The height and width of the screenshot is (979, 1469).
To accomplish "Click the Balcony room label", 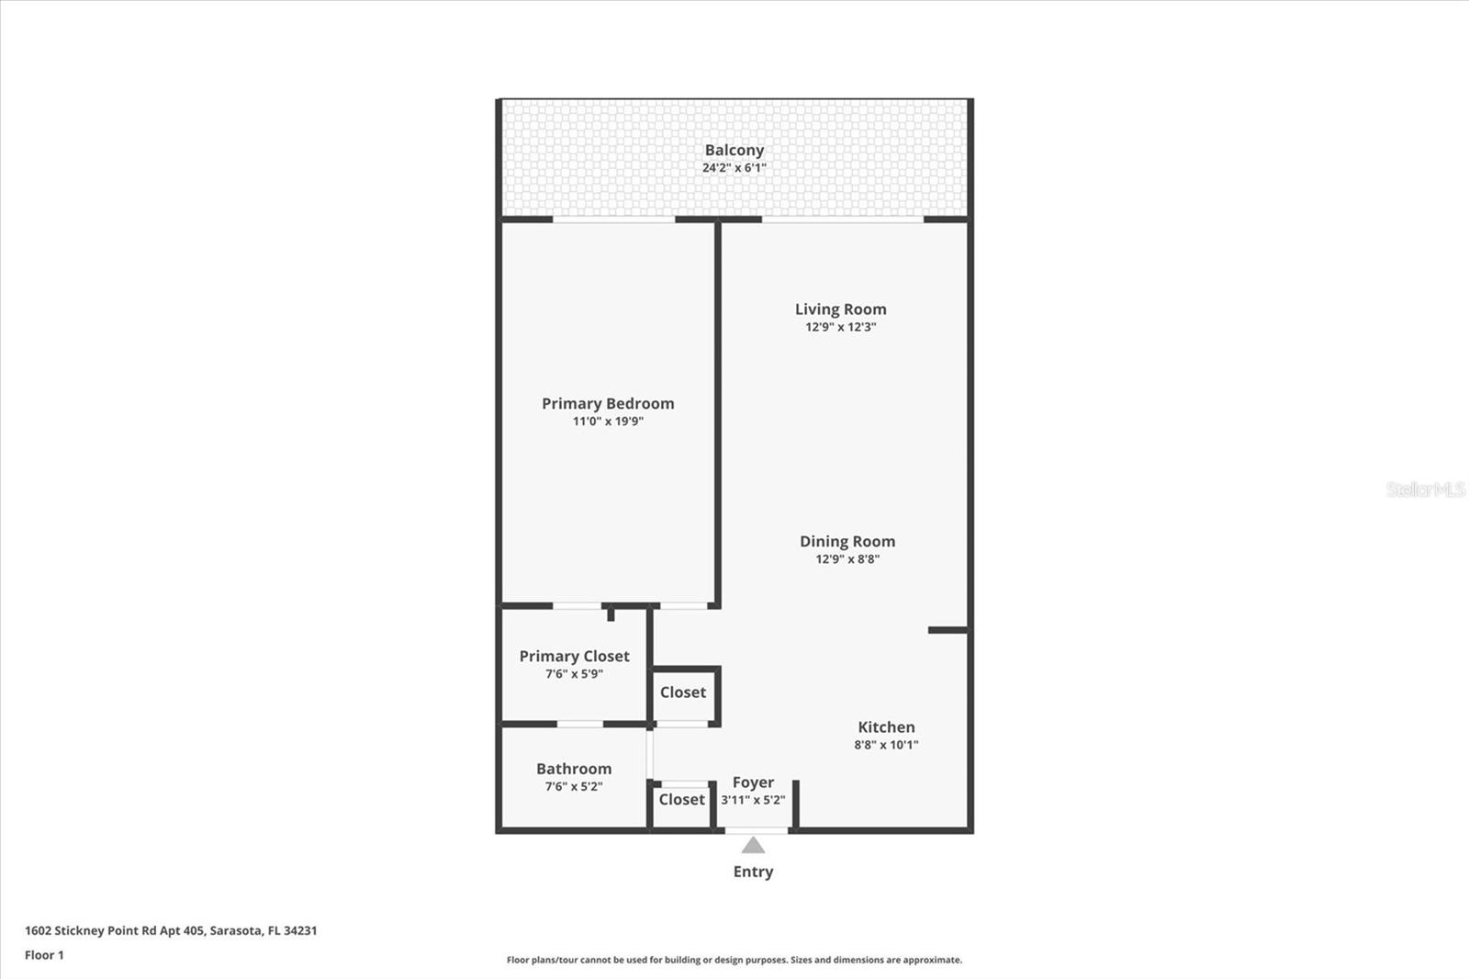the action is point(734,151).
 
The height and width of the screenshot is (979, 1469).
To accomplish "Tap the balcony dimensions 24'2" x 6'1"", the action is point(734,167).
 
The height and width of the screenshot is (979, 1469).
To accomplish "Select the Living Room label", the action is point(841,309).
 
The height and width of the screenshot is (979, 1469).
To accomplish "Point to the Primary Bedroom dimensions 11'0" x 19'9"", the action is point(608,422).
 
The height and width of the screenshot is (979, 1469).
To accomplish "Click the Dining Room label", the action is point(847,541).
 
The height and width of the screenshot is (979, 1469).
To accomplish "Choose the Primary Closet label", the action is point(574,656).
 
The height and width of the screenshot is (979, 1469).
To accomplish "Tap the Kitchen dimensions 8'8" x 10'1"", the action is point(886,745).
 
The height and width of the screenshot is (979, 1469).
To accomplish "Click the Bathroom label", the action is point(574,769).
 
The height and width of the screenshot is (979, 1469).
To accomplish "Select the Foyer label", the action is point(753,782).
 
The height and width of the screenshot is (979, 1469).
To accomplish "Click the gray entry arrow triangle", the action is point(753,846).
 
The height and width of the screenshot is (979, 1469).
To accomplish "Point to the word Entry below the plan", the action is point(753,872).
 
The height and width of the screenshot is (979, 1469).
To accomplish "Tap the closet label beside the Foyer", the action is point(681,799).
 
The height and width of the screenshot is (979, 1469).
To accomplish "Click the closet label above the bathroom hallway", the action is point(683,692).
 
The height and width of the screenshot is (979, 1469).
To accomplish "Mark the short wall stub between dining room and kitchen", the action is point(948,631).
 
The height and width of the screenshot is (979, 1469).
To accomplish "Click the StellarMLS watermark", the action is point(1426,489).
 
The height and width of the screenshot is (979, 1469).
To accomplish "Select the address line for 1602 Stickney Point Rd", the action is point(171,930).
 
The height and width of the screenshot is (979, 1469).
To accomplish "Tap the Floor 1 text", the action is point(44,955).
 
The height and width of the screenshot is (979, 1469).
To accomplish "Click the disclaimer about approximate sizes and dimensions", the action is point(734,960).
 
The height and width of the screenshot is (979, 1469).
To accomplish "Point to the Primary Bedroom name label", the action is point(608,403).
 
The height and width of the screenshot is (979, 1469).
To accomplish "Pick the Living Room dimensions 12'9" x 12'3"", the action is point(841,327).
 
